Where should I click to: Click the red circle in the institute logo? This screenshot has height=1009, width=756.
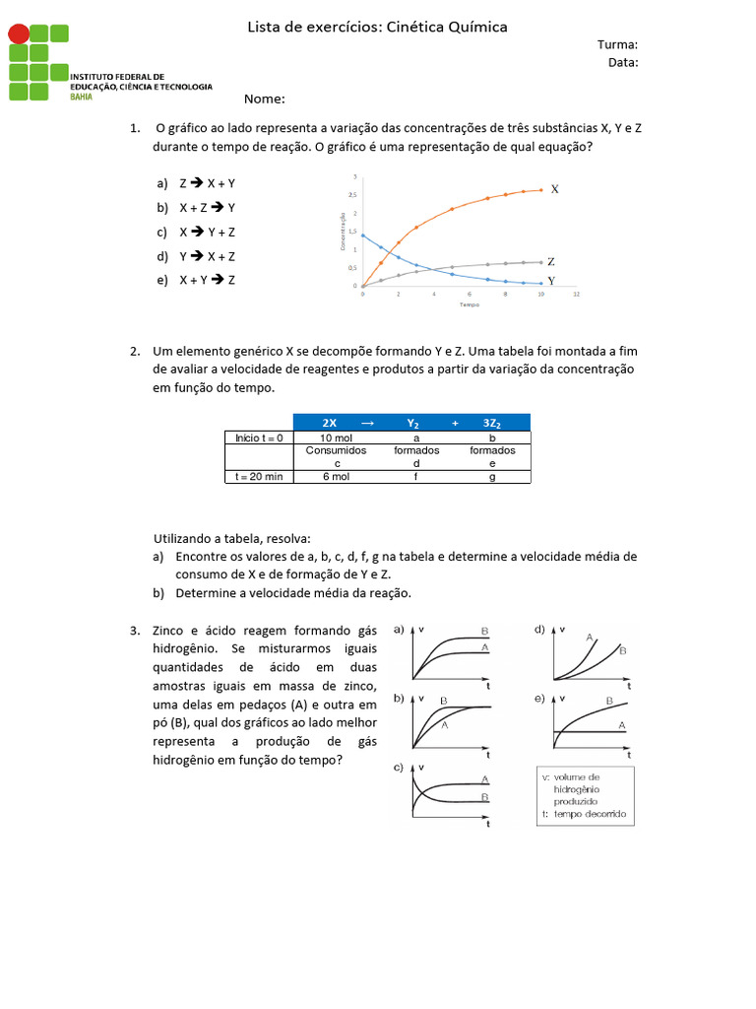(x=19, y=34)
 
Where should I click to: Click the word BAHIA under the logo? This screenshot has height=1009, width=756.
(x=83, y=97)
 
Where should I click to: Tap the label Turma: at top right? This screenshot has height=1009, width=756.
(x=617, y=44)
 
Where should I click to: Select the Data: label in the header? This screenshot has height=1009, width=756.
(x=622, y=62)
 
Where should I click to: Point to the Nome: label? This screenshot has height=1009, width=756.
(x=264, y=100)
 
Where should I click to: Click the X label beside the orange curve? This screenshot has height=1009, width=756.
(x=554, y=188)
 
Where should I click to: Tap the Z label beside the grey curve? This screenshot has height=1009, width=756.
(x=551, y=262)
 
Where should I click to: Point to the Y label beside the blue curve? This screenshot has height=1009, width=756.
(x=551, y=281)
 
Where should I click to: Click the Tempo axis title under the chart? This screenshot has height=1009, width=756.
(x=469, y=305)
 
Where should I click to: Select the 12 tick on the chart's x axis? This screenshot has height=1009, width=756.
(x=576, y=295)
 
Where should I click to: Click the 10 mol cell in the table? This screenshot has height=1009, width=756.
(x=336, y=437)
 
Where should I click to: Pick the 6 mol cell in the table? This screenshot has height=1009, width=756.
(x=336, y=476)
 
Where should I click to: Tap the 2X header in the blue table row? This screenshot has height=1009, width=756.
(x=330, y=423)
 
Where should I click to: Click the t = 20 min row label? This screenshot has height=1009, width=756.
(x=259, y=476)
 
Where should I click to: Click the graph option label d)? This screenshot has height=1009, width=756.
(x=539, y=629)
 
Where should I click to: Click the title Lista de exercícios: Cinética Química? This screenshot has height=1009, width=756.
(x=377, y=27)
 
